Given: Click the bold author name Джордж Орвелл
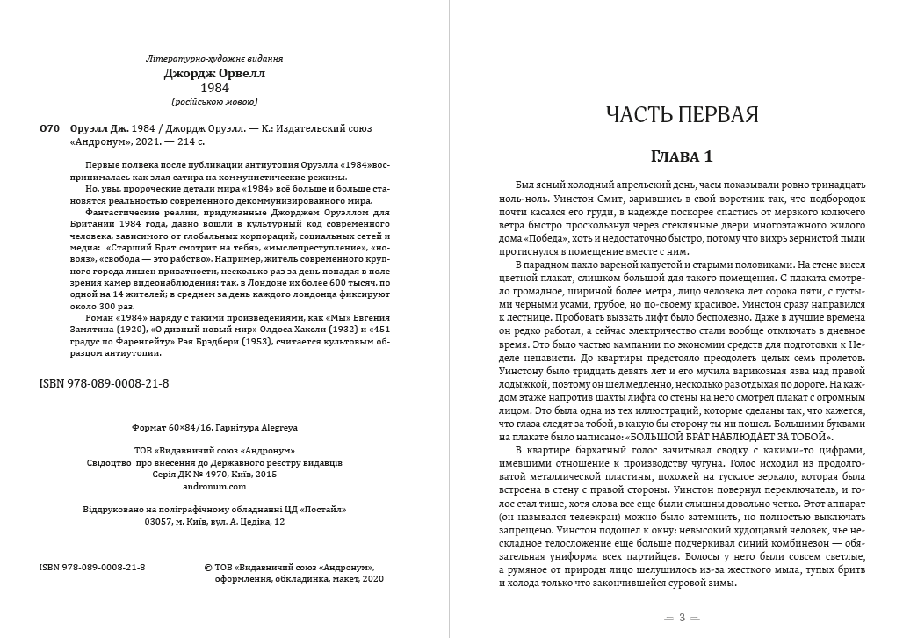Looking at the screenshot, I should point(214,74).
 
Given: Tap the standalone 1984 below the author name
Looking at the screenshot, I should point(215,89).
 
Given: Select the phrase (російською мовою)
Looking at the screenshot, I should point(215,102).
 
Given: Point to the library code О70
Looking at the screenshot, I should point(50,128).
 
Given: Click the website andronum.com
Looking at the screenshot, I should point(215,485).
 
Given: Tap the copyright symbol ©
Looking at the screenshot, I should point(207,568).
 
